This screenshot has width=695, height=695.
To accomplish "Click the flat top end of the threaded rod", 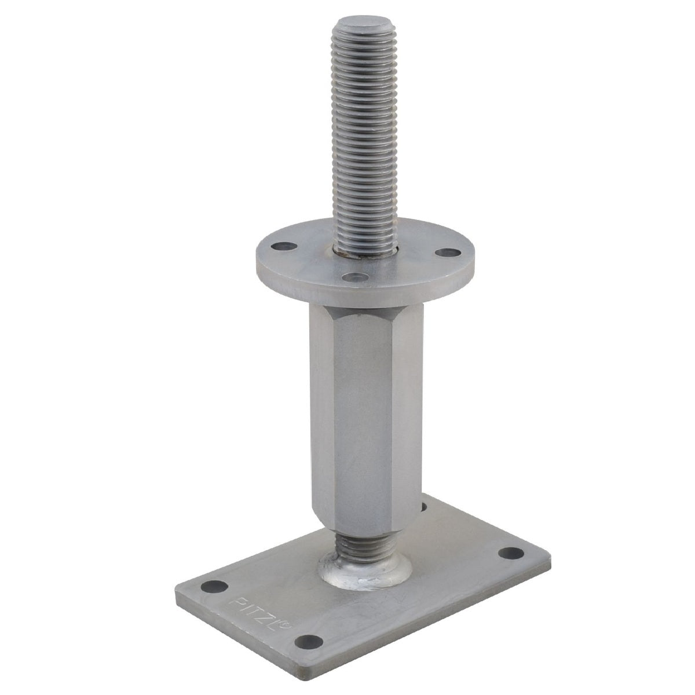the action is tap(365, 25).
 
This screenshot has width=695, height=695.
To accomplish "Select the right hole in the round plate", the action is tap(448, 253).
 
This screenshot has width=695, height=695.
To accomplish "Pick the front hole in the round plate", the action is tap(354, 277).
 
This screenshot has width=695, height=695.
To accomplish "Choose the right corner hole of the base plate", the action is tap(511, 562).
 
